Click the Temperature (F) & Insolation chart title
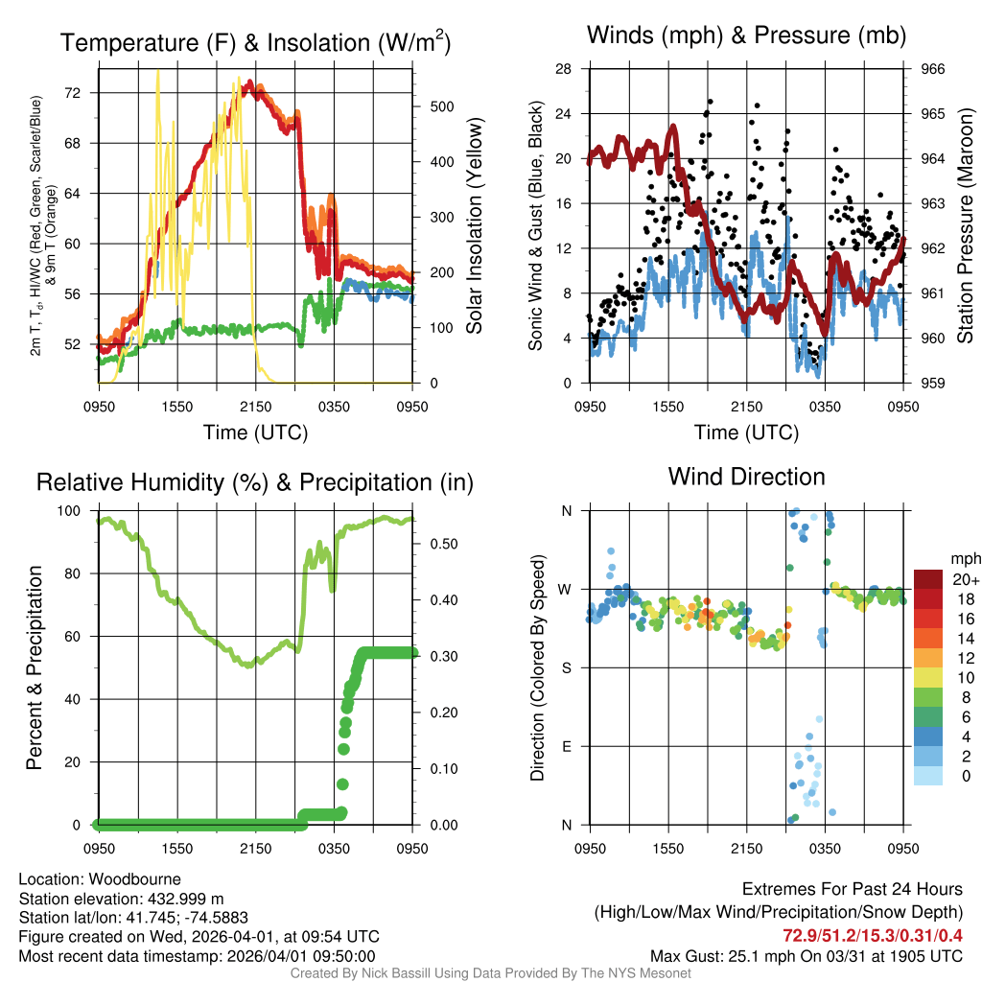[255, 42]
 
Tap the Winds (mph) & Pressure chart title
[746, 35]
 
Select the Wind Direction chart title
[746, 477]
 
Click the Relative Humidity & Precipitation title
[255, 482]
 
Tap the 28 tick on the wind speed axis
[565, 69]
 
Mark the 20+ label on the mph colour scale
[965, 580]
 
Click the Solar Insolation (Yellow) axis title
[475, 226]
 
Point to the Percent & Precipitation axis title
[35, 667]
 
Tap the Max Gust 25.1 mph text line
[807, 955]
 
